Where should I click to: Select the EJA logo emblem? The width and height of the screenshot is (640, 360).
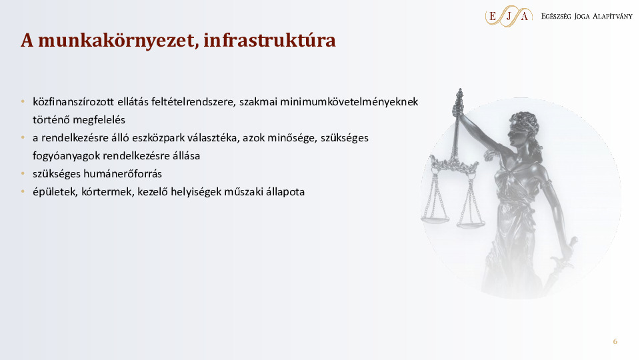(509, 15)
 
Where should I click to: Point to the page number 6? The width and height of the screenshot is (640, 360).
(615, 341)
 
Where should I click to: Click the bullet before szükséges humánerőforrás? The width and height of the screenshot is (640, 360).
(23, 174)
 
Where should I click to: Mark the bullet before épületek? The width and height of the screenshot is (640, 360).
(23, 192)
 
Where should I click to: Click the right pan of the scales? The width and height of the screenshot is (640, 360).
(471, 223)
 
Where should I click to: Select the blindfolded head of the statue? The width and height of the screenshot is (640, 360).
(523, 127)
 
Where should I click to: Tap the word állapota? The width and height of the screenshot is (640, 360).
(285, 192)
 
